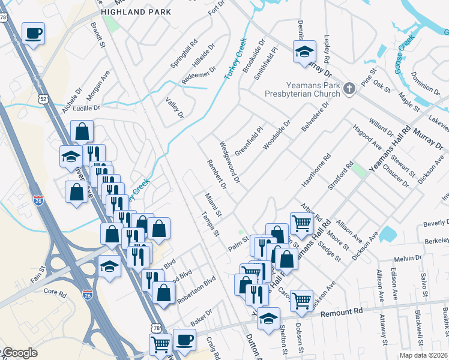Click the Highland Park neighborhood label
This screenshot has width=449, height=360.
pyautogui.click(x=136, y=12)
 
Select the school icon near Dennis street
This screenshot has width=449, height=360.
pyautogui.click(x=304, y=52)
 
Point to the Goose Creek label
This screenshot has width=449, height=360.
pyautogui.click(x=405, y=55)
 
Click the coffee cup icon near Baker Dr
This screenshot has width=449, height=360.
pyautogui.click(x=184, y=340)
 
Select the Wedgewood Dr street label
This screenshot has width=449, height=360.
pyautogui.click(x=229, y=162)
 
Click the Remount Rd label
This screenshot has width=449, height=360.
pyautogui.click(x=342, y=313)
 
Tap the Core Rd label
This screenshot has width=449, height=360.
pyautogui.click(x=54, y=292)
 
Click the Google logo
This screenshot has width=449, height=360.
pyautogui.click(x=19, y=353)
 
